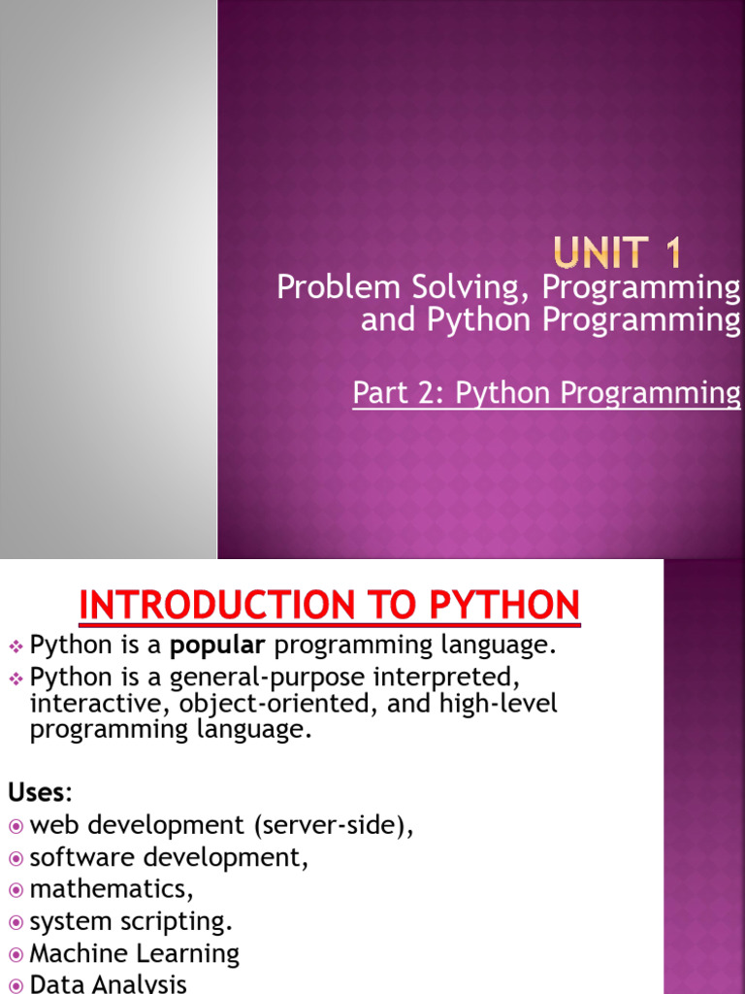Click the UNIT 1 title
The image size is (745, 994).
[619, 254]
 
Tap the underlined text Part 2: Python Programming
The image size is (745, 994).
[546, 393]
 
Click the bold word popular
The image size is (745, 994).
[219, 645]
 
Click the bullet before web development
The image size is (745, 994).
[16, 826]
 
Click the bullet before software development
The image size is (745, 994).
[16, 858]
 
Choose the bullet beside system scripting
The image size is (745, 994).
[16, 921]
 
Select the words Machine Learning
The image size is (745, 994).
[134, 953]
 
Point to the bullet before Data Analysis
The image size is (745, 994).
[16, 983]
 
